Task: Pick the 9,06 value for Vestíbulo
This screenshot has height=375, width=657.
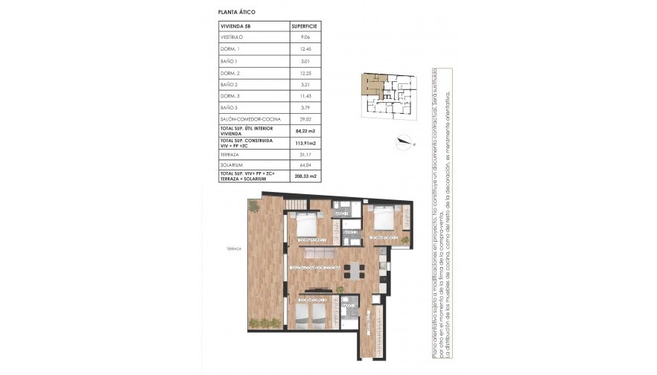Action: pyautogui.click(x=305, y=36)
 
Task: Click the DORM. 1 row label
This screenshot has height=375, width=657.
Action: pyautogui.click(x=230, y=48)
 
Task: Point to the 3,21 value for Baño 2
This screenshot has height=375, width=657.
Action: pyautogui.click(x=305, y=85)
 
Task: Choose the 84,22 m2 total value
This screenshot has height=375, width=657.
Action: pyautogui.click(x=304, y=130)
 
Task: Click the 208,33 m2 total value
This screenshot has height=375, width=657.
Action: pyautogui.click(x=304, y=176)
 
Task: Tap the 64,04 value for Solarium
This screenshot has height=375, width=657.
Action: pyautogui.click(x=305, y=164)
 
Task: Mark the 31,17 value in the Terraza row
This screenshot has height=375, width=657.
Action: pyautogui.click(x=305, y=153)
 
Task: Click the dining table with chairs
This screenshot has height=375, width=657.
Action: pyautogui.click(x=352, y=269)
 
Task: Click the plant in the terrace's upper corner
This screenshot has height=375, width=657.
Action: pyautogui.click(x=254, y=205)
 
